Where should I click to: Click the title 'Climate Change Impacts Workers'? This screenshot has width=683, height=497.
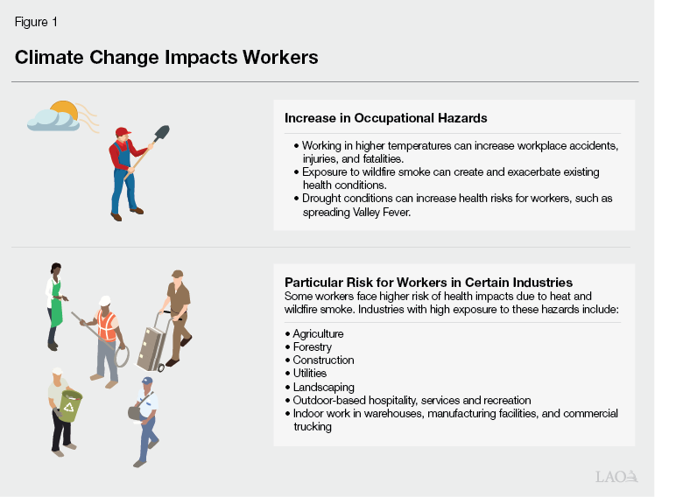pyautogui.click(x=165, y=58)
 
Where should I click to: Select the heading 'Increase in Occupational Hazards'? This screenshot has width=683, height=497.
pyautogui.click(x=385, y=117)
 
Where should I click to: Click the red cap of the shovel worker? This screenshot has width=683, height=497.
pyautogui.click(x=123, y=132)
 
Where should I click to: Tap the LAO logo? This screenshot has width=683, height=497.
pyautogui.click(x=616, y=476)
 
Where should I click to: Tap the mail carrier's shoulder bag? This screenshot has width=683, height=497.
pyautogui.click(x=136, y=411)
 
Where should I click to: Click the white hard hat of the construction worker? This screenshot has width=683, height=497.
pyautogui.click(x=105, y=300)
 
